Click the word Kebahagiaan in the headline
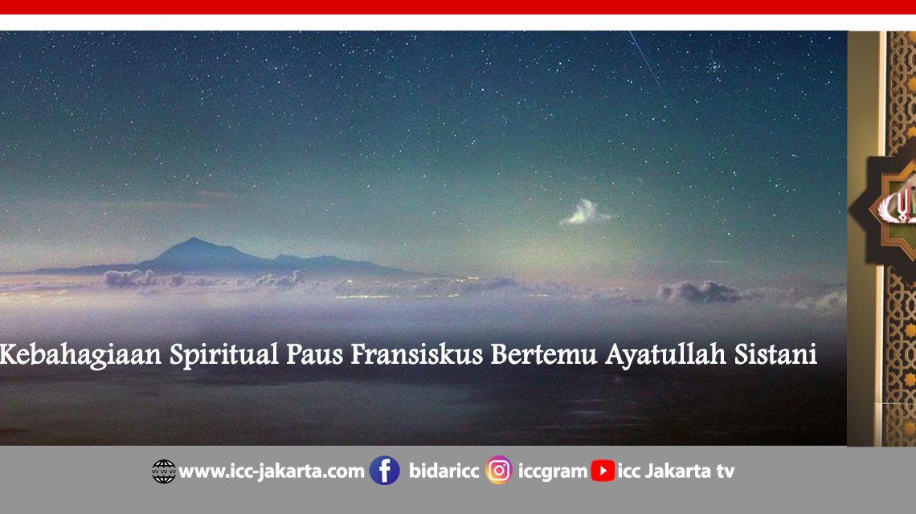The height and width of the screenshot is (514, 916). [80, 354]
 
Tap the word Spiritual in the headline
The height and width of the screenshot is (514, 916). [224, 354]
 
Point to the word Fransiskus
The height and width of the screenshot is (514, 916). [416, 354]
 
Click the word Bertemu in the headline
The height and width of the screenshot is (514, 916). [543, 354]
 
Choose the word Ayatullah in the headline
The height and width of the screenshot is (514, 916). [665, 354]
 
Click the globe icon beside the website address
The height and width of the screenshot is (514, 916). [164, 471]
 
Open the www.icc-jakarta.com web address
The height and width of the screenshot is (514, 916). [272, 471]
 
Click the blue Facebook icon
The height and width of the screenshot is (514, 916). [384, 471]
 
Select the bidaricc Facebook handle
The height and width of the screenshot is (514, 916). [444, 471]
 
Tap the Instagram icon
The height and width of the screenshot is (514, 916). [499, 471]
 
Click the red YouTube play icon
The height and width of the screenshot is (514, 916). [603, 471]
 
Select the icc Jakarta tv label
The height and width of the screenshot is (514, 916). [676, 471]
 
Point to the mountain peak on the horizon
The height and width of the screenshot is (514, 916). [194, 239]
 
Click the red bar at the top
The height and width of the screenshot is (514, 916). [458, 7]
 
